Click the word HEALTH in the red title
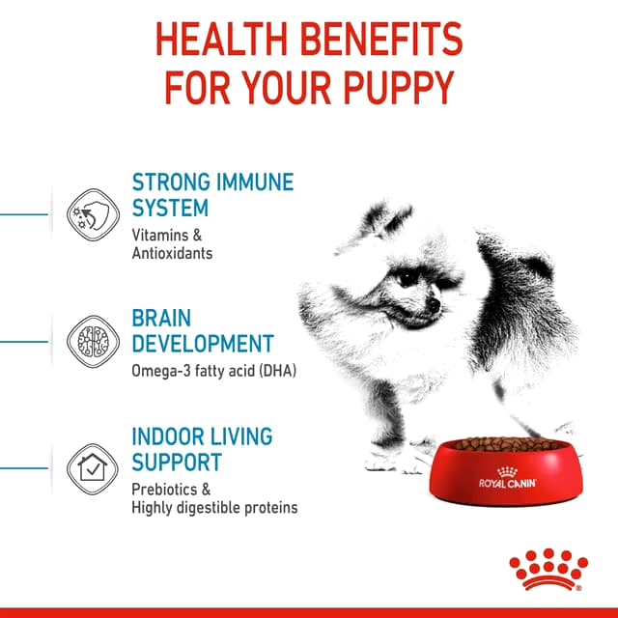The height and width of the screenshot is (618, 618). click(x=221, y=39)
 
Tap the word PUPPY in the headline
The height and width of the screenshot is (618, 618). click(x=399, y=87)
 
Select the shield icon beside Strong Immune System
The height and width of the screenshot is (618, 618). click(x=93, y=214)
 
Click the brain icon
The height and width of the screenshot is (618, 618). click(x=93, y=342)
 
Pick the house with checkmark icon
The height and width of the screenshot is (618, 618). click(x=93, y=469)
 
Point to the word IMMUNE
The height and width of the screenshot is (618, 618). click(x=255, y=183)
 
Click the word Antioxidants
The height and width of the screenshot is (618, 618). click(x=172, y=253)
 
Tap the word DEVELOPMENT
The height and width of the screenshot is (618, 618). click(x=203, y=344)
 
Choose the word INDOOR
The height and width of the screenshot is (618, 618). click(x=168, y=436)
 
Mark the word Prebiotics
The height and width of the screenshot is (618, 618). click(x=164, y=490)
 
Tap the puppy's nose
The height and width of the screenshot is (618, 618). click(x=434, y=304)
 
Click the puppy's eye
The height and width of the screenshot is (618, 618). click(x=406, y=279)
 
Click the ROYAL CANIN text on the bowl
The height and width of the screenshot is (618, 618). click(x=508, y=483)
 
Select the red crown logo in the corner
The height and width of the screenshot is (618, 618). click(x=548, y=569)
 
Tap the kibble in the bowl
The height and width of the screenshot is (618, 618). click(x=507, y=444)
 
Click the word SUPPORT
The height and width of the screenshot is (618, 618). click(x=177, y=462)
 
